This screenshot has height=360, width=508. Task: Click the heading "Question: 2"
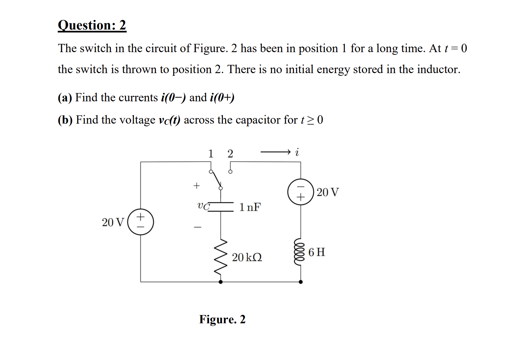[x=92, y=25]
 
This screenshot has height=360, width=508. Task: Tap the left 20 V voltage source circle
[x=140, y=222]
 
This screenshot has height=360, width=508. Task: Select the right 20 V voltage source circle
[x=301, y=192]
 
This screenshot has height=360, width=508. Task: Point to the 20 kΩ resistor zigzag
[x=221, y=257]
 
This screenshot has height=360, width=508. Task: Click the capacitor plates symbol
[x=221, y=207]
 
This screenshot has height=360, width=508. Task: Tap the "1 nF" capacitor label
[x=250, y=207]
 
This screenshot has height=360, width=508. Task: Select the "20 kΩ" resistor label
[x=247, y=257]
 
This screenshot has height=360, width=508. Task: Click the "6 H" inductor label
[x=316, y=252]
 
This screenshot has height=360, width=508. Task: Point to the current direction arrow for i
[x=275, y=152]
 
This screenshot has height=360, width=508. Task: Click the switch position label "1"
[x=211, y=153]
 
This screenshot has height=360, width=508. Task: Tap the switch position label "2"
[x=230, y=153]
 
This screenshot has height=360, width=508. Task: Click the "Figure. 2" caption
[x=222, y=319]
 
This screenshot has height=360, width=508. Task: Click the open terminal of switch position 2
[x=230, y=171]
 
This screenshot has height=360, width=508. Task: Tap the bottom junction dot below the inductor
[x=301, y=282]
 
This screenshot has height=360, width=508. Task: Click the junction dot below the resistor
[x=221, y=282]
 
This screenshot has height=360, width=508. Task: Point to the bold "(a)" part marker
[x=65, y=98]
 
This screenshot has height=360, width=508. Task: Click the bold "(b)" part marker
[x=65, y=120]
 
